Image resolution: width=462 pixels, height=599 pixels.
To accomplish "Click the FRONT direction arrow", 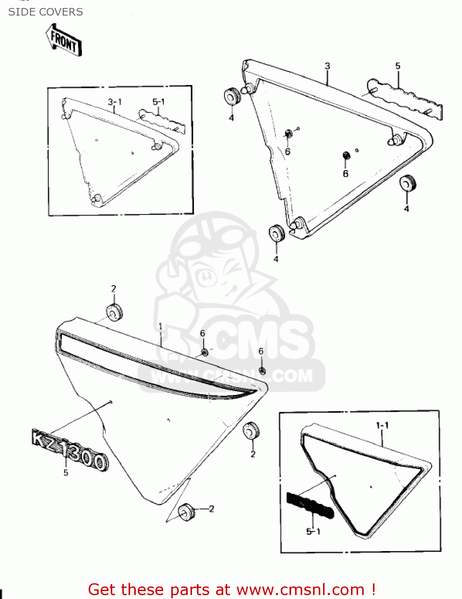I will click(x=64, y=40).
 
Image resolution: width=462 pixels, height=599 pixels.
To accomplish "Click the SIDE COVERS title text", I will click(x=46, y=12).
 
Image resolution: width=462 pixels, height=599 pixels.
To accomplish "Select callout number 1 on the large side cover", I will click(x=160, y=327).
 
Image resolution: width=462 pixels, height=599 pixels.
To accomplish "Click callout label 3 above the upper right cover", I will click(x=327, y=66).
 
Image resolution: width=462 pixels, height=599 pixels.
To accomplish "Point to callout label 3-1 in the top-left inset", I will click(x=115, y=102).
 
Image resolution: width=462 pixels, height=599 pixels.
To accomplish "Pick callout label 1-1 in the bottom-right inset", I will click(x=382, y=426).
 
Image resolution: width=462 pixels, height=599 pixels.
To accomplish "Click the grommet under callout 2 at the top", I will click(x=114, y=312).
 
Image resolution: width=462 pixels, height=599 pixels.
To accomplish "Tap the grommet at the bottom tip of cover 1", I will click(x=186, y=512).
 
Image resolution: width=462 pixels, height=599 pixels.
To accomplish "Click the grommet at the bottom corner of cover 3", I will click(x=277, y=234).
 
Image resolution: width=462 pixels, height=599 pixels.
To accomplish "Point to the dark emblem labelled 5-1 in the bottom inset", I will click(x=309, y=506).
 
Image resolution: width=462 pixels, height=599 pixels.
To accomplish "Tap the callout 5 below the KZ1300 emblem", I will click(x=66, y=473).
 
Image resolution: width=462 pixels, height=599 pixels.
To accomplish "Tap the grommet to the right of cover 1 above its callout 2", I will click(x=251, y=430).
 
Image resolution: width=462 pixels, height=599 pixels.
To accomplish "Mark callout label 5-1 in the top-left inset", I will click(x=159, y=102).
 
